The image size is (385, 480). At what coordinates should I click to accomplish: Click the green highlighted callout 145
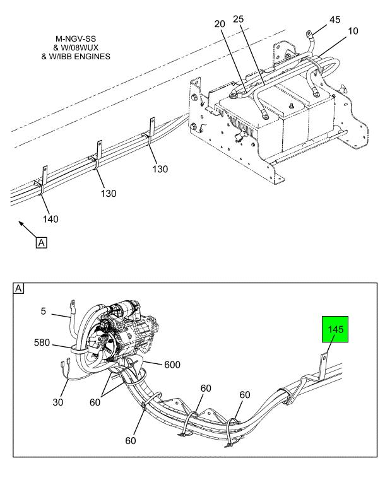click(x=335, y=329)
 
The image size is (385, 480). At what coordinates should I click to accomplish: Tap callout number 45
click(x=335, y=20)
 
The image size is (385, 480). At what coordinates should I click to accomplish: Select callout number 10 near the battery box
click(x=353, y=31)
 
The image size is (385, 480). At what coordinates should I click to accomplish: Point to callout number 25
click(x=239, y=19)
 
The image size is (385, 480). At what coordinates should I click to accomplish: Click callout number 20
click(x=220, y=24)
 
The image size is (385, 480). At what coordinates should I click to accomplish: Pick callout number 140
click(x=50, y=219)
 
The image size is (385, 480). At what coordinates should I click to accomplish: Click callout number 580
click(x=42, y=342)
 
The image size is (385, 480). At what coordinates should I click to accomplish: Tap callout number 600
click(x=172, y=365)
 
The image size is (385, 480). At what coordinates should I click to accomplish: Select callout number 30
click(x=58, y=402)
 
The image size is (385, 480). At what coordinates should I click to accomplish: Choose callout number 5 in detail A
click(x=43, y=312)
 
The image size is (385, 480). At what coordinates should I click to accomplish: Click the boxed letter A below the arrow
click(x=42, y=243)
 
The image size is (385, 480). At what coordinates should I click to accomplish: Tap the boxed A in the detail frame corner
click(x=19, y=288)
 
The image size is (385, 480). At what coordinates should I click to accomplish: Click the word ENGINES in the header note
click(x=93, y=57)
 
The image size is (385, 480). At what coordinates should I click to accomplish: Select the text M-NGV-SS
click(x=76, y=39)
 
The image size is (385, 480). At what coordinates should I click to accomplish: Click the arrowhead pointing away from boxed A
click(x=21, y=224)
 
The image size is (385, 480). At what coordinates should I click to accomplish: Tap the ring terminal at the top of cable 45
click(x=309, y=32)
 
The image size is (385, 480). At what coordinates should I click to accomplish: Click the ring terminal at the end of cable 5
click(x=73, y=303)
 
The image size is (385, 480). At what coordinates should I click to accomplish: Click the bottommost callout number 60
click(x=131, y=440)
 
